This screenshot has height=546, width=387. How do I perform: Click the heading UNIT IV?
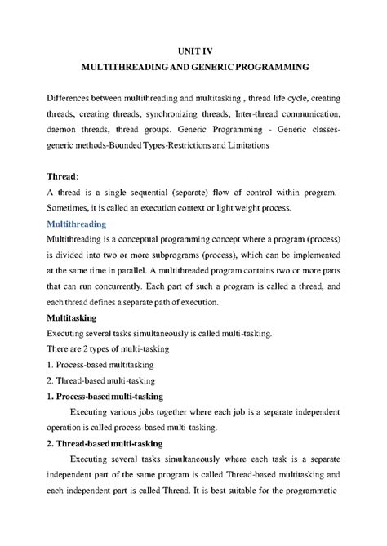[x=193, y=49]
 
